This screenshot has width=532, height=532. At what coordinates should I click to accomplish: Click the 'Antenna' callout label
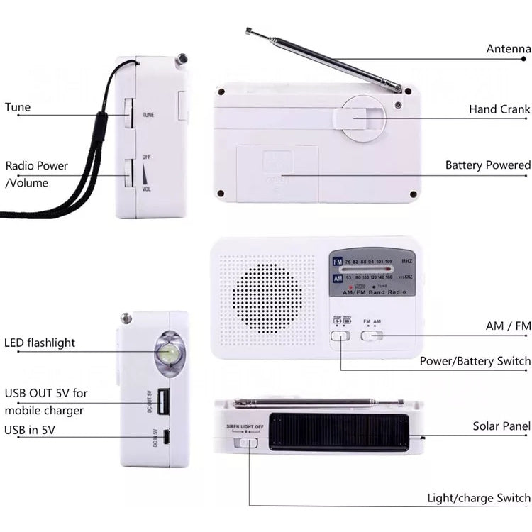(508, 49)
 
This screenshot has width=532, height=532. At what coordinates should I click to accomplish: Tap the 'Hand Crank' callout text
(499, 109)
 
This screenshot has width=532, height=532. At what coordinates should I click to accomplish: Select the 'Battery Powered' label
(487, 165)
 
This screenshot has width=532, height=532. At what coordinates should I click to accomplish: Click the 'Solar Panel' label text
(501, 426)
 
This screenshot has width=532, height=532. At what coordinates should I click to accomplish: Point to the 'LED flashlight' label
(40, 343)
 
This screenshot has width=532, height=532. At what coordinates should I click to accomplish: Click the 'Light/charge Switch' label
(478, 499)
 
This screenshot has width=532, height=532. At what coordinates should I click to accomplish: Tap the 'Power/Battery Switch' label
(475, 361)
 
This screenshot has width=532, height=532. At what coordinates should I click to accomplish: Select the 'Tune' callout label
(18, 108)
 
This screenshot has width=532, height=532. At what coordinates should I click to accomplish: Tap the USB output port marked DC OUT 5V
(164, 403)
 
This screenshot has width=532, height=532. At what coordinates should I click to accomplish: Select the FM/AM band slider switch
(372, 335)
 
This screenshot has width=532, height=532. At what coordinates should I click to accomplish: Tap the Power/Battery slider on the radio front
(340, 336)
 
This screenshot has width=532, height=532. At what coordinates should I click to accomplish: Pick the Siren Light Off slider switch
(248, 442)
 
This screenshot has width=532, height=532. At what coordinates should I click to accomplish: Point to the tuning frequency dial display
(372, 272)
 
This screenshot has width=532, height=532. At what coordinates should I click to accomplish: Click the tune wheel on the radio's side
(128, 113)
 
